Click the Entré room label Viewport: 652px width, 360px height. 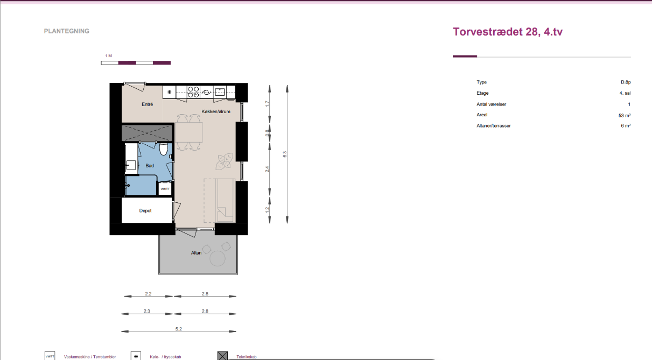coord(148,104)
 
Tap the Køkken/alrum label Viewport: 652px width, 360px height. coord(216,111)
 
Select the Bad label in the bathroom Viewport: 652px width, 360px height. coord(150,166)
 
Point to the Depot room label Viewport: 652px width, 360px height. coord(145,211)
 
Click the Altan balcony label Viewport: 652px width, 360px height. coord(196,253)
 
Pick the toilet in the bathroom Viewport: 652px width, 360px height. coord(164,149)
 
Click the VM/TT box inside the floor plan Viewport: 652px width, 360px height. coord(165,189)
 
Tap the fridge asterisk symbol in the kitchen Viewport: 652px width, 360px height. coord(169,92)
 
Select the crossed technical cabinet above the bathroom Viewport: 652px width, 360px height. coord(147,133)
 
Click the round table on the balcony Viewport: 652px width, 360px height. coord(218,258)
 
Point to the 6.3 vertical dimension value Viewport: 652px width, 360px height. coord(285,154)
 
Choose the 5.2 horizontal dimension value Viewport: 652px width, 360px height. coord(178,329)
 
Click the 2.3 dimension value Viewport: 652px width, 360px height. coord(146,311)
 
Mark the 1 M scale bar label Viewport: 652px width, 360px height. coord(108,56)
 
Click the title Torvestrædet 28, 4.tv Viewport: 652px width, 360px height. coord(508,32)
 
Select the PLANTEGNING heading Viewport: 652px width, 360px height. coord(67,31)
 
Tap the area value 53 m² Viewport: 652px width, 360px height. coord(625,115)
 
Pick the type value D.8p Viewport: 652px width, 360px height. coord(626,82)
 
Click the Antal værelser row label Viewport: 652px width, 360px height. coord(492,104)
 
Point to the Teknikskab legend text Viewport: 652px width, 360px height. coord(247,357)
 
